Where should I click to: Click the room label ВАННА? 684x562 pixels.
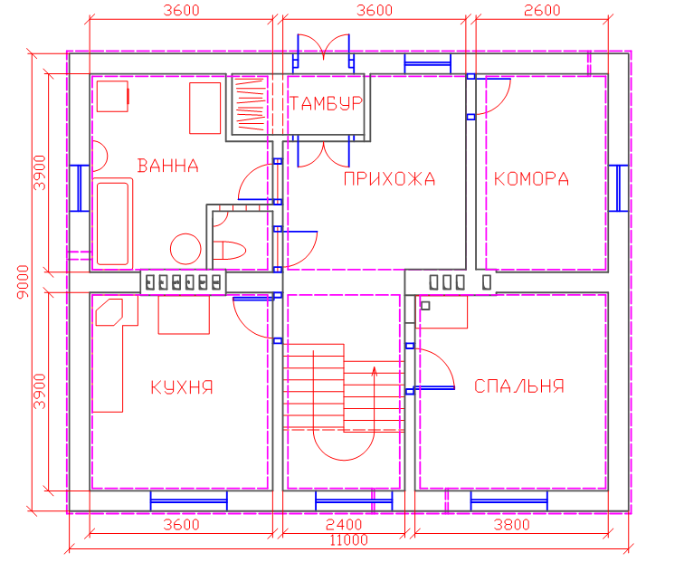[168, 166]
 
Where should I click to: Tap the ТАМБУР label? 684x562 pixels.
[327, 103]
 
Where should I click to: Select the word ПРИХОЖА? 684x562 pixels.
[389, 179]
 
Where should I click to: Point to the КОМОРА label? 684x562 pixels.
[531, 179]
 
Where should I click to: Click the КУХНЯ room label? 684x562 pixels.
[182, 387]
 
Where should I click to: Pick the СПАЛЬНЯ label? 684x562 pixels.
[519, 386]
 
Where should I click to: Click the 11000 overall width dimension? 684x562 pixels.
[348, 540]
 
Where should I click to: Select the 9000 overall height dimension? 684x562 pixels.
[23, 281]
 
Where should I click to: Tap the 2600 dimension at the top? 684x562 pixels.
[542, 10]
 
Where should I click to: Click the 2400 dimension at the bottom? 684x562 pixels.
[344, 525]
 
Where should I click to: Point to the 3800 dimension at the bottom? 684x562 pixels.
[512, 525]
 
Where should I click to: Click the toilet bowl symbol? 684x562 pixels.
[230, 250]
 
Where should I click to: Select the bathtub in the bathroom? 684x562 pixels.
[112, 224]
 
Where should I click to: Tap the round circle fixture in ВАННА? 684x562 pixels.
[185, 249]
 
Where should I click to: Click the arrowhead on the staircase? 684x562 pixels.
[375, 371]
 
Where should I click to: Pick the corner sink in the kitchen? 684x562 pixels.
[109, 312]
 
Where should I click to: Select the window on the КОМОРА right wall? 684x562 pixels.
[618, 188]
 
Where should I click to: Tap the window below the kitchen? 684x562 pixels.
[189, 501]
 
